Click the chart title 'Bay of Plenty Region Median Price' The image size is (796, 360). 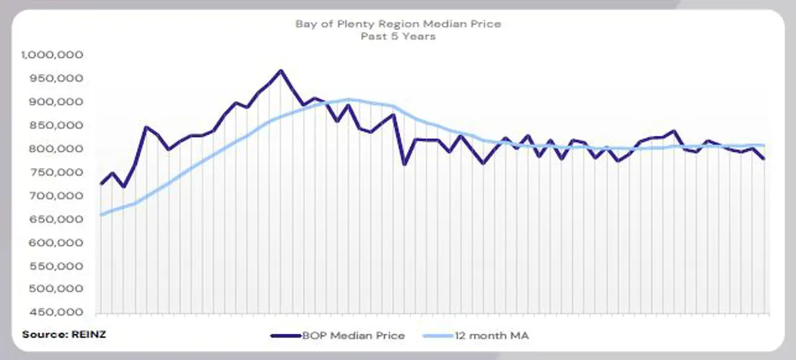coord(398,24)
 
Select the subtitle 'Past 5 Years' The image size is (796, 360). coord(398,36)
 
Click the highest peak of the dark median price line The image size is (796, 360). coord(280,71)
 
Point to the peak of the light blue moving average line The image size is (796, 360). coord(349,99)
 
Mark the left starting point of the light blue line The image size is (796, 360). coord(101,215)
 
